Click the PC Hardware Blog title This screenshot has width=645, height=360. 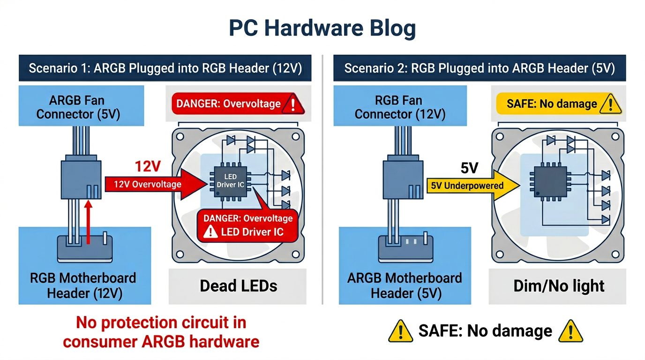[322, 28]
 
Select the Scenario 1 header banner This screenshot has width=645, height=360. [165, 68]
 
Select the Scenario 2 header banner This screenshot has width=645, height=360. [479, 68]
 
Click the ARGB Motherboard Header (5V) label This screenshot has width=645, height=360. [404, 285]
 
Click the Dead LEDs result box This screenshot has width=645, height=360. [238, 286]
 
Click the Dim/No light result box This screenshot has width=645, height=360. [558, 286]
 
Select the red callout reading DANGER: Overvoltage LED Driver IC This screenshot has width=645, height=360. [247, 225]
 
